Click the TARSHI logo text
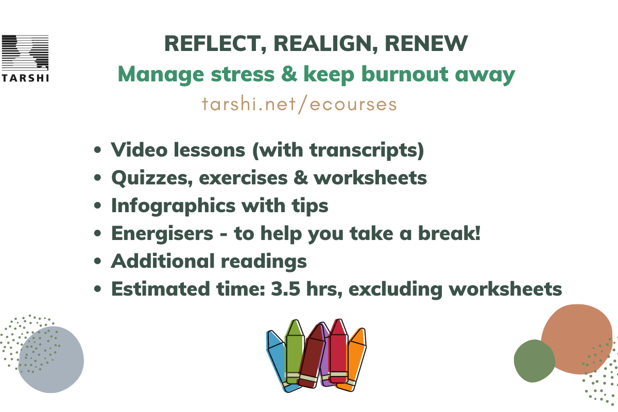point(25,78)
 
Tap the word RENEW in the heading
point(426,44)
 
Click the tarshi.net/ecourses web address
point(299,105)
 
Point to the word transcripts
point(367,150)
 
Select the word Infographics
point(173,206)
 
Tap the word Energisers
point(162,234)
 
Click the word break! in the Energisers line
point(449,233)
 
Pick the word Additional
point(163,261)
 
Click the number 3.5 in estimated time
point(285,289)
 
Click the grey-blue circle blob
point(51,359)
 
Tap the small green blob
point(535,361)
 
